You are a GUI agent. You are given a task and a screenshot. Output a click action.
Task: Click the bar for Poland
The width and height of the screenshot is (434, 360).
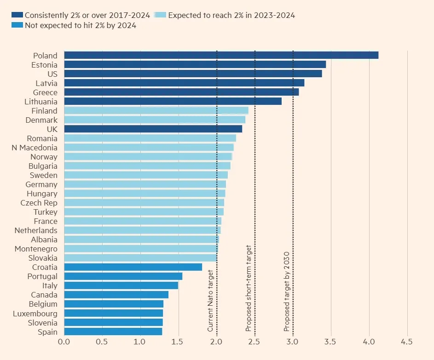[221, 55]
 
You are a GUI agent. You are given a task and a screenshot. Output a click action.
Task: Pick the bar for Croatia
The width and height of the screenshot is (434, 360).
[133, 267]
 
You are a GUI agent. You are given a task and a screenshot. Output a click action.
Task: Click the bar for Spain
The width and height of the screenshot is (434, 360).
[113, 331]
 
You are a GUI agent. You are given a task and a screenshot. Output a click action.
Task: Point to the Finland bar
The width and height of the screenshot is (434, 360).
[156, 111]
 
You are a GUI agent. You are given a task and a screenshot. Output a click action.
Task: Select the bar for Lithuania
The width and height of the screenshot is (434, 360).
[173, 102]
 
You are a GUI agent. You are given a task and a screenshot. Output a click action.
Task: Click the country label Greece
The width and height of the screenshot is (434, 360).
[46, 92]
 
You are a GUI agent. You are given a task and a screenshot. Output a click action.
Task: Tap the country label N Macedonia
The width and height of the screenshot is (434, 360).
[35, 148]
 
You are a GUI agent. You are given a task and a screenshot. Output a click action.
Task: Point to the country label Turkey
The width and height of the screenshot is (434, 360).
[45, 212]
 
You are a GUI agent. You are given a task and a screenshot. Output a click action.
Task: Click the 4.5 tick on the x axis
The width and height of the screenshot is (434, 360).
[407, 342]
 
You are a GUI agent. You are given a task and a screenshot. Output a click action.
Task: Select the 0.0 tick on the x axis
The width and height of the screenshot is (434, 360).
[64, 342]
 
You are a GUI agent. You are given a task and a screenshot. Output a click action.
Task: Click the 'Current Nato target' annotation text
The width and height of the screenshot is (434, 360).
[210, 301]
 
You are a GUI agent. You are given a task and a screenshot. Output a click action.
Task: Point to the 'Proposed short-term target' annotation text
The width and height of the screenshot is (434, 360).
[249, 289]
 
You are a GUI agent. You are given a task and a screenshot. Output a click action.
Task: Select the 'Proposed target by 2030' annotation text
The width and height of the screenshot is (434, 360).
[286, 291]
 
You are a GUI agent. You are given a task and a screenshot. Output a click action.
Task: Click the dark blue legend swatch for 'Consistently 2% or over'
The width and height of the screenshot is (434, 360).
[18, 15]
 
